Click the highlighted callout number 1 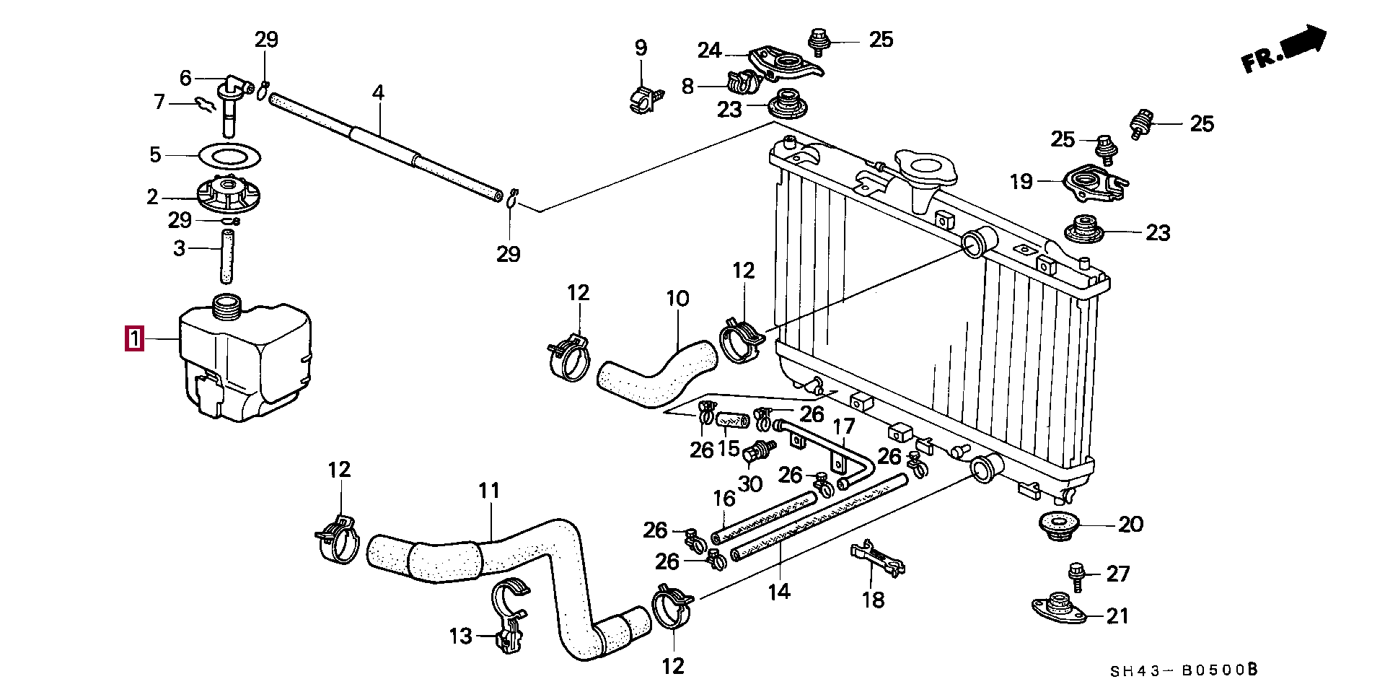134,338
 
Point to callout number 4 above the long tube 378,92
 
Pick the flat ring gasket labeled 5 229,156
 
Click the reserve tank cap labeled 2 228,196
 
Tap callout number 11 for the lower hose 488,491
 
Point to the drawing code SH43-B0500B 1183,670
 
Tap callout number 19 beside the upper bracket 1021,182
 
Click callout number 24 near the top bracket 709,51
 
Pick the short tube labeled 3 228,257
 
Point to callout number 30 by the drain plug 750,483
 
